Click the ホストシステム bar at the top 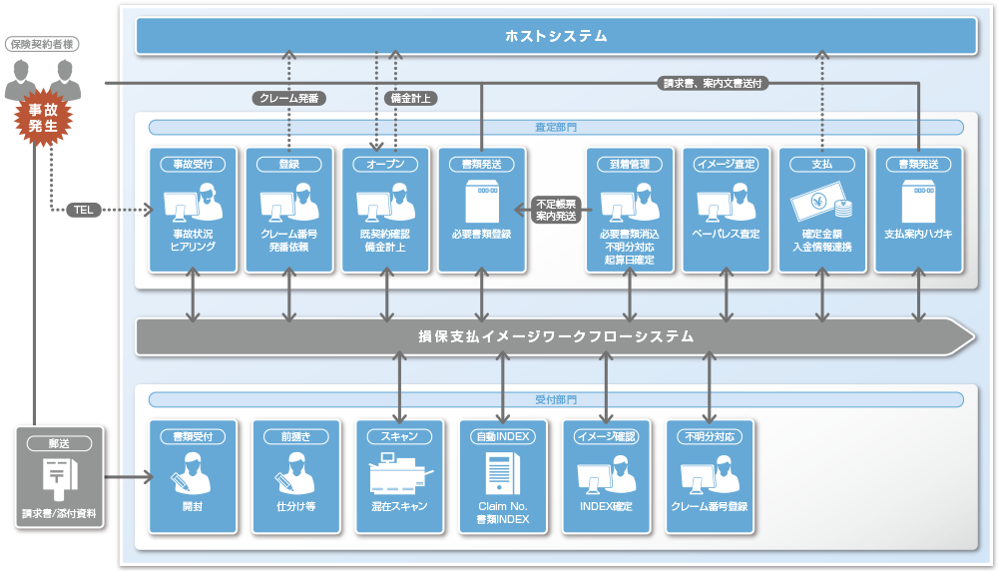555,37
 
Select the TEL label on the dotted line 83,210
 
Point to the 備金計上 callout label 409,98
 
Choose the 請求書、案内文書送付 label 713,84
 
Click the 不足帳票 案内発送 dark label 556,210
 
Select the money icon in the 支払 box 821,205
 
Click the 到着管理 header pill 630,164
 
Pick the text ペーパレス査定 726,234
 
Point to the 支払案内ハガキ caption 918,234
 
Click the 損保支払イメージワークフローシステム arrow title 555,336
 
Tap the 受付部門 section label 556,399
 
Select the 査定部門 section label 556,128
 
